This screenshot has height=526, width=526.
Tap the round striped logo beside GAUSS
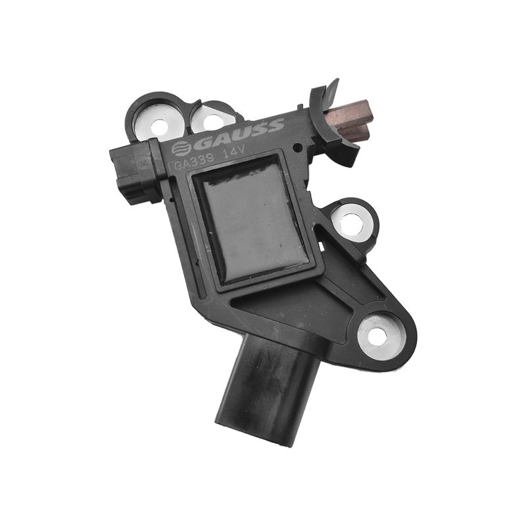(x=181, y=149)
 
